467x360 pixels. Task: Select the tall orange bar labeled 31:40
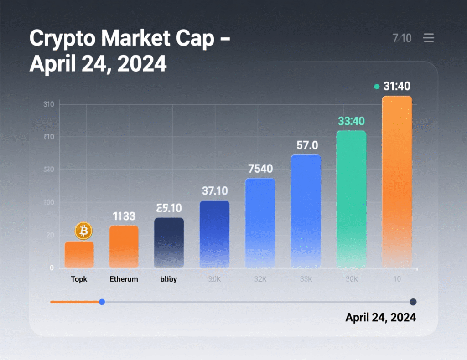tap(397, 182)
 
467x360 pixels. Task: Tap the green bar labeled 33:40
tap(351, 199)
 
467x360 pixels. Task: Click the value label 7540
tap(260, 169)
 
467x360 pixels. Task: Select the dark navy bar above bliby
tap(169, 242)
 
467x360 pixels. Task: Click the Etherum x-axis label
tap(124, 279)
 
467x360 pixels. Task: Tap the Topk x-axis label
tap(79, 279)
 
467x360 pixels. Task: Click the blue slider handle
tap(102, 302)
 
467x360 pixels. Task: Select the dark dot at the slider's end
tap(413, 302)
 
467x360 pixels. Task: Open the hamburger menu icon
tap(429, 38)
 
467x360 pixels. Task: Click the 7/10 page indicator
tap(402, 38)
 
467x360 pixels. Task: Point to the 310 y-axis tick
tap(49, 104)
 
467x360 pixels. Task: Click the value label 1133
tap(124, 216)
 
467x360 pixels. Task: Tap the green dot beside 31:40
tap(376, 87)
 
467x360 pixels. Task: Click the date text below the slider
tap(380, 317)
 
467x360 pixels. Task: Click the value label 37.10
tap(215, 190)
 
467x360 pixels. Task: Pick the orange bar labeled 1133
tap(124, 247)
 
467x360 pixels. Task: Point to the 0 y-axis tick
tap(52, 268)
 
